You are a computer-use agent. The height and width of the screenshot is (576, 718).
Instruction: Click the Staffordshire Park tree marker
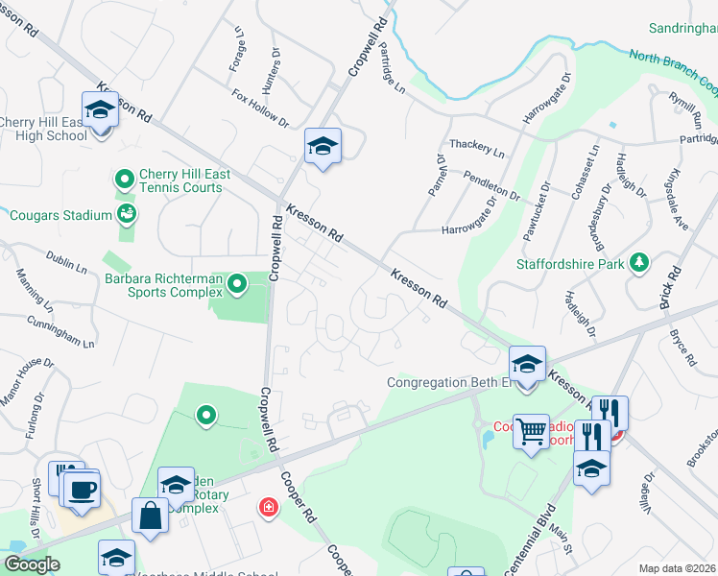click(x=638, y=263)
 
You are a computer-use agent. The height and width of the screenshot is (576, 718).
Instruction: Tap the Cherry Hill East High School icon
click(x=100, y=111)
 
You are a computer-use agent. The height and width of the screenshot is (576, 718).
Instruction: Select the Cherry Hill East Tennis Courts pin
click(x=124, y=180)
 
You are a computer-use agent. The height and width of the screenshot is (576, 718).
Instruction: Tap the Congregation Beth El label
click(x=447, y=382)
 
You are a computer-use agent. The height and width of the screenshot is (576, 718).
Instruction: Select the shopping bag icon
click(x=152, y=516)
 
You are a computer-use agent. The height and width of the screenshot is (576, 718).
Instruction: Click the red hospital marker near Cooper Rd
click(x=269, y=507)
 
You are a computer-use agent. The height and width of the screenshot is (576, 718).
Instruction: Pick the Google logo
click(x=32, y=565)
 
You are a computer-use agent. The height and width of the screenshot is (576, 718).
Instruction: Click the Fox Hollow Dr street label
click(x=260, y=108)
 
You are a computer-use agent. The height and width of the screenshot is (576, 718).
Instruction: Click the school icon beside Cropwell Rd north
click(x=323, y=147)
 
